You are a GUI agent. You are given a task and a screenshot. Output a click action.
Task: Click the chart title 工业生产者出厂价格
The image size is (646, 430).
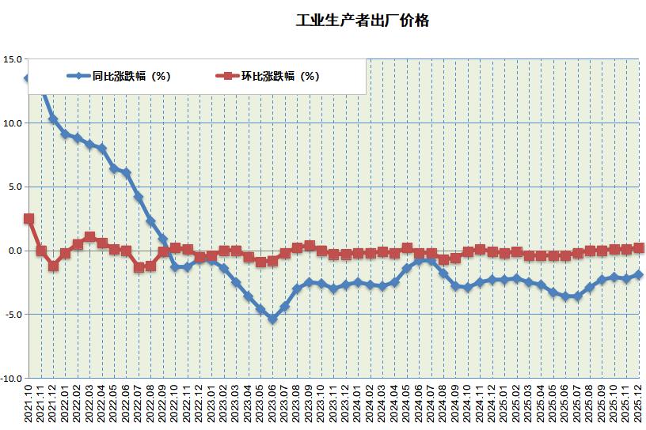[x=361, y=21]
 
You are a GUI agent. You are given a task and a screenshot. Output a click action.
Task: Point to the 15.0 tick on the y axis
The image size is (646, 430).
[x=13, y=58]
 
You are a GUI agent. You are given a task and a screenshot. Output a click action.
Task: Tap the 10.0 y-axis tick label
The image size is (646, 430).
[x=13, y=123]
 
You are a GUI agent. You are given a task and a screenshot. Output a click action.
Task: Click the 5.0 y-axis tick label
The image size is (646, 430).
[x=15, y=187]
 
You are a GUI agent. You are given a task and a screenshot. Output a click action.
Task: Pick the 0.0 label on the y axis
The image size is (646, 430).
[x=15, y=251]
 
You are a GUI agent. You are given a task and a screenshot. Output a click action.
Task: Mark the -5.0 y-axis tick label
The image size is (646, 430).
[x=13, y=315]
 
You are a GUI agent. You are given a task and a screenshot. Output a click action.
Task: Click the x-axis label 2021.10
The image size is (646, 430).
[x=28, y=405]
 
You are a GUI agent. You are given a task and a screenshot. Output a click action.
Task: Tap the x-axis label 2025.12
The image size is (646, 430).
[x=639, y=405]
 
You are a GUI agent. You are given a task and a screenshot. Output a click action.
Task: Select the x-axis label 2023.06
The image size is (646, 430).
[x=272, y=405]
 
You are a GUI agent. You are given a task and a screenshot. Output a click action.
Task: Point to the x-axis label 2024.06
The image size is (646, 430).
[x=419, y=405]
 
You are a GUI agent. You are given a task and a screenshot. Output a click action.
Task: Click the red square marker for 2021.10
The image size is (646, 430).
[x=28, y=218]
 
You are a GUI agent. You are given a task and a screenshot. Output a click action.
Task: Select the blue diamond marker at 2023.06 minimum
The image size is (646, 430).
[x=272, y=319]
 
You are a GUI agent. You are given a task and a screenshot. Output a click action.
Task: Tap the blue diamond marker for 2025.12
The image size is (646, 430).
[x=639, y=274]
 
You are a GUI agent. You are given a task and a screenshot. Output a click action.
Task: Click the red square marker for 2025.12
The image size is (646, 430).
[x=639, y=247]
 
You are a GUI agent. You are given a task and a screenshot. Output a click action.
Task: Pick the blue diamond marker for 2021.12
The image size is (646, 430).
[x=53, y=119]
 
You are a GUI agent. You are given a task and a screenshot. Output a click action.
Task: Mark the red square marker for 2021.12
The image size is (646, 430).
[x=53, y=266]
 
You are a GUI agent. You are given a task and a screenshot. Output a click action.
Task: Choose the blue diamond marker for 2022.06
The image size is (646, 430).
[x=126, y=172]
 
